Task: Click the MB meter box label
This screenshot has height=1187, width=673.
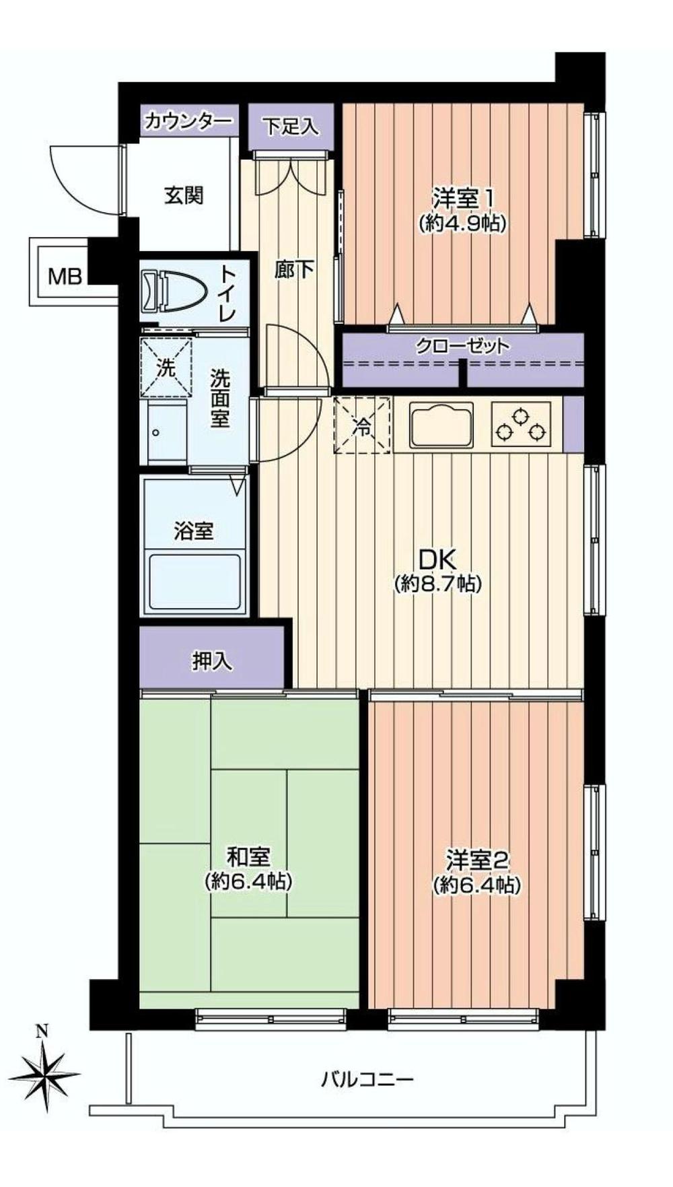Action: (x=65, y=276)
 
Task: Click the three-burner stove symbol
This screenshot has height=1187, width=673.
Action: (x=521, y=425)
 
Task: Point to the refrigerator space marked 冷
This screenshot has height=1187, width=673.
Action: (x=363, y=426)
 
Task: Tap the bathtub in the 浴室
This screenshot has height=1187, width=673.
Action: (x=194, y=581)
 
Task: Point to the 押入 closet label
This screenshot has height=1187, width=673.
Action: (x=212, y=661)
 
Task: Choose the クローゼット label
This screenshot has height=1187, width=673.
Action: (x=462, y=347)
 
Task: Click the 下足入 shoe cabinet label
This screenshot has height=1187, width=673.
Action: (x=291, y=127)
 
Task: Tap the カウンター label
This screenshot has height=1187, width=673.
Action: (x=188, y=122)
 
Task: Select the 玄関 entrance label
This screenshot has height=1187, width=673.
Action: (x=184, y=196)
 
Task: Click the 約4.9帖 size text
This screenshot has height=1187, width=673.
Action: (x=462, y=223)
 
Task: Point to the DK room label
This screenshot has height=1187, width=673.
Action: (x=438, y=558)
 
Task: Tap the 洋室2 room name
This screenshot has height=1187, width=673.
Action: (x=476, y=860)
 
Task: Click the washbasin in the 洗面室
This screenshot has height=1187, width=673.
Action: (x=165, y=432)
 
